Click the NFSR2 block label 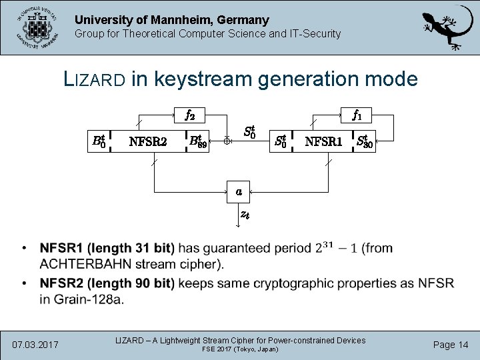click(x=147, y=141)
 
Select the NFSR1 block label click(x=323, y=141)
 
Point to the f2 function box click(x=189, y=115)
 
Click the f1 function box click(x=357, y=115)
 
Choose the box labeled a click(x=239, y=191)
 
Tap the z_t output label click(x=245, y=215)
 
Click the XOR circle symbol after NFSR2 click(x=227, y=141)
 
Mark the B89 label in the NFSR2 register click(x=198, y=141)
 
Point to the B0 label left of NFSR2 click(x=98, y=141)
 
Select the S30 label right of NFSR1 click(x=365, y=141)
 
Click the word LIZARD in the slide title click(x=93, y=79)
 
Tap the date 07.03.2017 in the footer click(x=35, y=345)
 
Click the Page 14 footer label click(x=451, y=345)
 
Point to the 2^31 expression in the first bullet click(x=325, y=247)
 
